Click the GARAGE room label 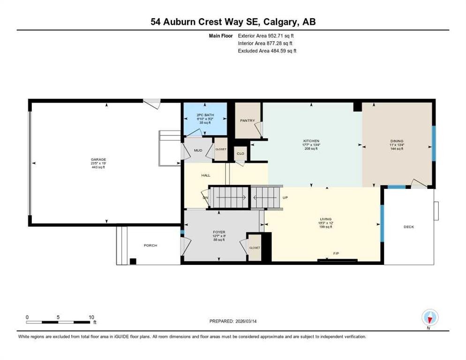(x=98, y=159)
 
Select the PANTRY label (x=247, y=120)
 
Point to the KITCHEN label (x=311, y=141)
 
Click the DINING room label (x=397, y=141)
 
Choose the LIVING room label (x=325, y=219)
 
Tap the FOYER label (x=219, y=232)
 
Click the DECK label (x=409, y=227)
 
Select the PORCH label (x=150, y=246)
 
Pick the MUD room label (x=198, y=150)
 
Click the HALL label (x=205, y=175)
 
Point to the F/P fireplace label (x=336, y=254)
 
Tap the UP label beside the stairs (x=285, y=197)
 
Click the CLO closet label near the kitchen (x=240, y=153)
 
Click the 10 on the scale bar (x=92, y=317)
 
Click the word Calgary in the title (x=281, y=22)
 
